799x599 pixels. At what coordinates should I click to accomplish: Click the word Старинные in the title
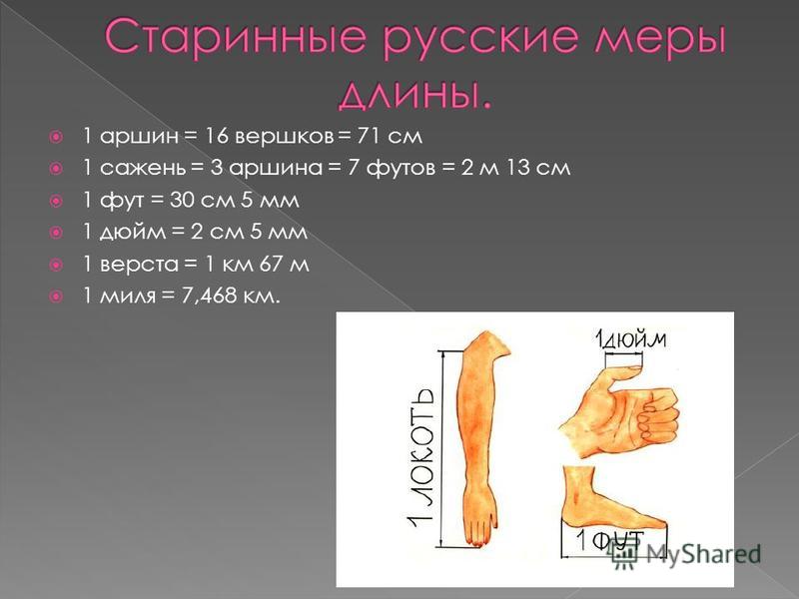(236, 38)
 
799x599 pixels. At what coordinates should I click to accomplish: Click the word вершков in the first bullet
(284, 136)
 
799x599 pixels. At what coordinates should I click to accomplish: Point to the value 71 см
(390, 136)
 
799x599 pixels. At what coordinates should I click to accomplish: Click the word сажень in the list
(143, 168)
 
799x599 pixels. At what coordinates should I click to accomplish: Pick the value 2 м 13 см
(515, 168)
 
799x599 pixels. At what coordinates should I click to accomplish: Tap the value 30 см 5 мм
(235, 201)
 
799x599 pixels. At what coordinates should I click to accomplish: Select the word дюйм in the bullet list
(133, 233)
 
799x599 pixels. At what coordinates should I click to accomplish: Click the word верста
(139, 265)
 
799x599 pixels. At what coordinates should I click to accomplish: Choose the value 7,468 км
(231, 297)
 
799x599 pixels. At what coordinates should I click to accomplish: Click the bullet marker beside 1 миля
(56, 297)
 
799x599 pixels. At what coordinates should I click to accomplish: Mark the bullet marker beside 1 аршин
(56, 137)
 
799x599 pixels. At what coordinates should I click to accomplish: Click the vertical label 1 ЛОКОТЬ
(420, 458)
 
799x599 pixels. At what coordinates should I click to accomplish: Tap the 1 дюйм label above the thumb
(630, 338)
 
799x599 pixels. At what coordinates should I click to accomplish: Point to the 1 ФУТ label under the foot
(610, 540)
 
